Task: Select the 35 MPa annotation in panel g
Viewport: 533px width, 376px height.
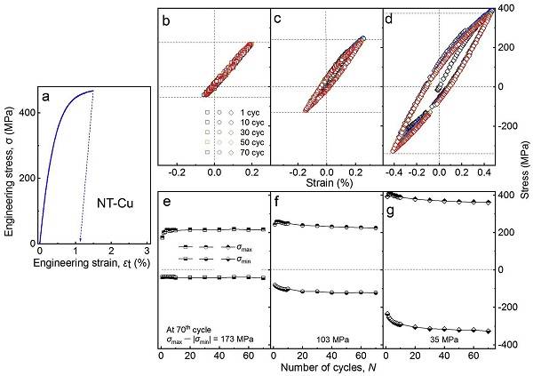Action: click(436, 339)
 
